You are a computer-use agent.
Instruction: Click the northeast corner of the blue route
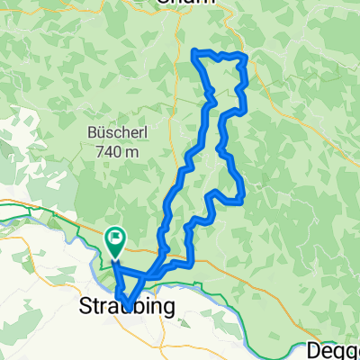[245, 57]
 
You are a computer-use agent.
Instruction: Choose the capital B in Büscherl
[92, 132]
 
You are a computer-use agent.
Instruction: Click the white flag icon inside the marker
[116, 238]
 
